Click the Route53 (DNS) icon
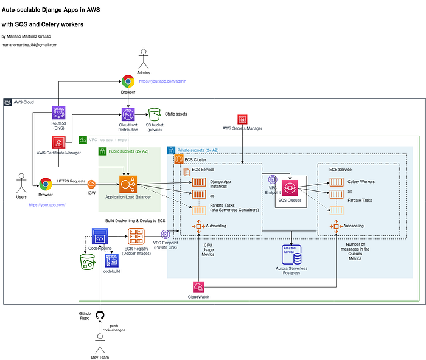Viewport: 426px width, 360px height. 59,113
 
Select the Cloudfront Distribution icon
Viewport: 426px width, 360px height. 128,114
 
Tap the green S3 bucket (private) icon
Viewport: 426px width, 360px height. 154,114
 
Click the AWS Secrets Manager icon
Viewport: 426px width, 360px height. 242,119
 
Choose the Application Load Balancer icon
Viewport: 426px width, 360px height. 128,184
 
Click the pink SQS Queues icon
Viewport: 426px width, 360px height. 289,189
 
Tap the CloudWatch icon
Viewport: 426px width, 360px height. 199,288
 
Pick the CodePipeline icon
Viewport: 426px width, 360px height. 100,237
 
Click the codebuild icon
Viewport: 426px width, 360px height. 111,261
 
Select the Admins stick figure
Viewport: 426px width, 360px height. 144,59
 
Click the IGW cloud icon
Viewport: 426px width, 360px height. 91,184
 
